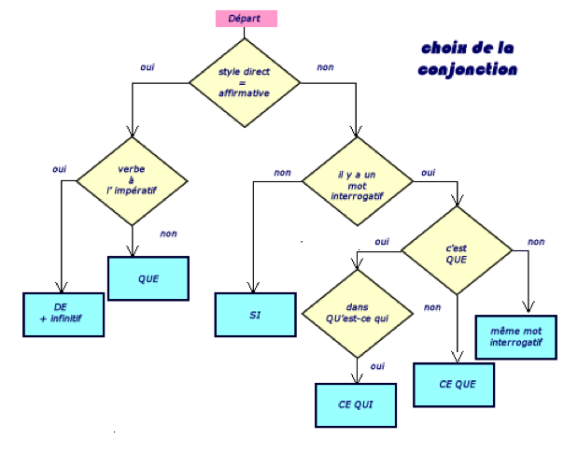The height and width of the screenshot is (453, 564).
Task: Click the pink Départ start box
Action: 245,18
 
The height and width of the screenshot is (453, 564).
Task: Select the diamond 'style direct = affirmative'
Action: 245,81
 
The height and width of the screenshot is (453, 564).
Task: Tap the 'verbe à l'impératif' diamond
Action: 132,179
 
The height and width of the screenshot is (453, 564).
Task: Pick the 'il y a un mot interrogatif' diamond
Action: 356,181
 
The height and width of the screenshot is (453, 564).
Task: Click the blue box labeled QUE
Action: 148,277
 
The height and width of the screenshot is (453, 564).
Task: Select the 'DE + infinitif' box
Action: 62,314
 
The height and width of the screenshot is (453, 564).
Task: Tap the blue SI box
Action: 253,315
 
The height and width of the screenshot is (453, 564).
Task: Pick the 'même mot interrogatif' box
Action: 516,335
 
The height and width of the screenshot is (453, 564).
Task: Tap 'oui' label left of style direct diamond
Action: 148,67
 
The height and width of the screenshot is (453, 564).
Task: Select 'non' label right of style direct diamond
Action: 325,67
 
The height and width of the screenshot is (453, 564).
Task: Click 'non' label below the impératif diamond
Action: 168,234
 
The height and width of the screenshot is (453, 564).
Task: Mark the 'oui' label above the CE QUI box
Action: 378,366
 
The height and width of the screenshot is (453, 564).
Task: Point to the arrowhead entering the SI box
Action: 253,290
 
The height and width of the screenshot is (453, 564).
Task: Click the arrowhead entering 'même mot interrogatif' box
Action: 529,311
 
